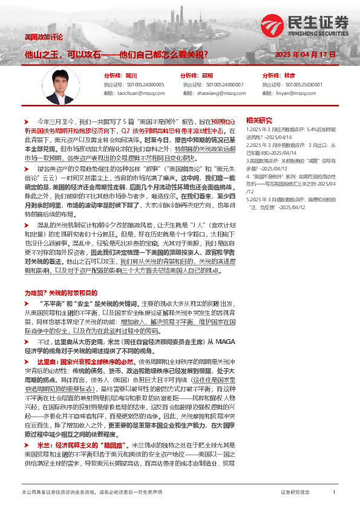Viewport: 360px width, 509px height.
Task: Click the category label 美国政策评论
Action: click(x=43, y=37)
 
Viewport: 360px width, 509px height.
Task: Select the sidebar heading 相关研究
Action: click(x=259, y=120)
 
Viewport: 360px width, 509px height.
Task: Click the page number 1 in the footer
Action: click(x=334, y=493)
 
